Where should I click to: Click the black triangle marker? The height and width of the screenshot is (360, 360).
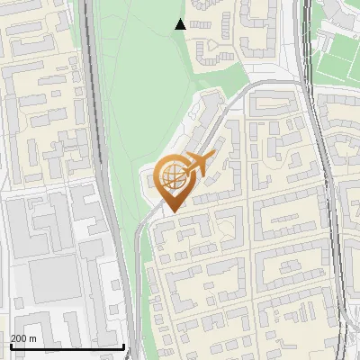point(181,24)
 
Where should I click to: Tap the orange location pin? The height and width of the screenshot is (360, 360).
point(173,181)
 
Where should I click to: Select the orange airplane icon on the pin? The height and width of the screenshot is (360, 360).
point(198,163)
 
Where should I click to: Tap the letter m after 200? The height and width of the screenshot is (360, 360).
point(33,338)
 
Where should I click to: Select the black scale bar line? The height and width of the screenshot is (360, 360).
point(67,346)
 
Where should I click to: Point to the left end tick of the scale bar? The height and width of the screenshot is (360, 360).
point(11,345)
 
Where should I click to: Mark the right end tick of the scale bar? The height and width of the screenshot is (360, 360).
point(123,345)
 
